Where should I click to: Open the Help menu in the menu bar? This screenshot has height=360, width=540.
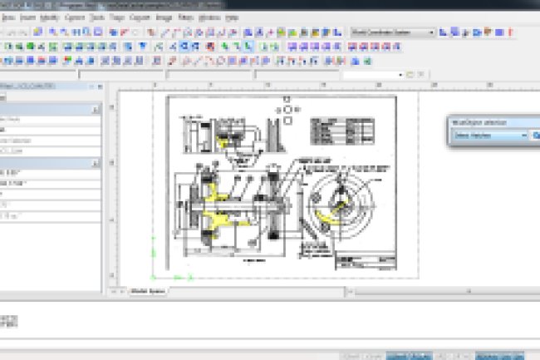tap(231, 17)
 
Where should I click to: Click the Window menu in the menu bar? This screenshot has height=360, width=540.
tap(210, 17)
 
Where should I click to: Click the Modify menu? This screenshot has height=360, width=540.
tap(49, 17)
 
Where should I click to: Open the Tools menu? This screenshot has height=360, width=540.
tap(98, 17)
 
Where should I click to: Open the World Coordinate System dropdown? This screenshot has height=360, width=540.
tap(393, 32)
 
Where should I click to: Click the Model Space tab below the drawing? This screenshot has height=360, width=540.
tap(147, 291)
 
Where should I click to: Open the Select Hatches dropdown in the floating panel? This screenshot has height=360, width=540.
tap(489, 135)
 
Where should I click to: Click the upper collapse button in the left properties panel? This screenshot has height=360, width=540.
tap(96, 109)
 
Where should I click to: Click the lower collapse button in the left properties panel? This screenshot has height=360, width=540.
tap(96, 164)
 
